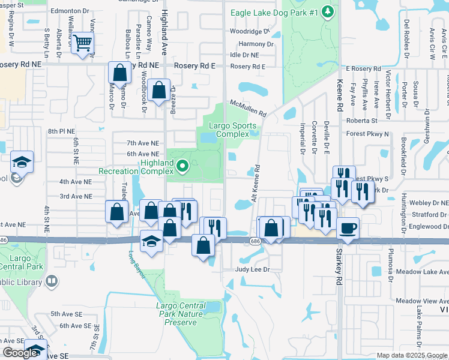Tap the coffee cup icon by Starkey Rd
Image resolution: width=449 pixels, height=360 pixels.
click(x=348, y=227)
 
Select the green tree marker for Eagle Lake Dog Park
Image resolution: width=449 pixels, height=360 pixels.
click(x=327, y=11)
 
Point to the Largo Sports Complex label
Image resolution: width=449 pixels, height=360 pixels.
click(x=232, y=130)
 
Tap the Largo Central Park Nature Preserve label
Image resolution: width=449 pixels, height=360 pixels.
click(x=180, y=314)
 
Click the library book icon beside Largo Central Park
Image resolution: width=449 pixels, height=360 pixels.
click(x=52, y=280)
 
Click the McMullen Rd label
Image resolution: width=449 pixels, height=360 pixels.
click(x=248, y=107)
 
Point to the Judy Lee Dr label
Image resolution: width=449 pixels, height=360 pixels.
click(x=253, y=269)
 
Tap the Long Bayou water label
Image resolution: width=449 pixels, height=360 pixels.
click(x=136, y=265)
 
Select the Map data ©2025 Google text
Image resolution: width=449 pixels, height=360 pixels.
click(x=411, y=355)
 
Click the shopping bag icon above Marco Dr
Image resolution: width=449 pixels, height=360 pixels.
click(x=120, y=73)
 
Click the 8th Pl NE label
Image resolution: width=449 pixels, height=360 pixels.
click(x=61, y=131)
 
